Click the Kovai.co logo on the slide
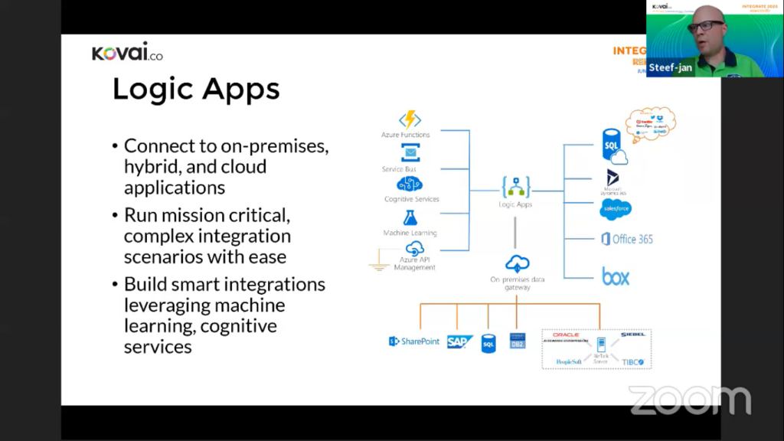127,54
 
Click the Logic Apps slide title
196,90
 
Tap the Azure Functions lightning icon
410,120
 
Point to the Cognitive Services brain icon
410,185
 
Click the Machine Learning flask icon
410,218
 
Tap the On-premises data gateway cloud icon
517,264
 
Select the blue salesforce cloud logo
616,210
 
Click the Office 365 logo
627,239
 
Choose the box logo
616,276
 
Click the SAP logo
460,341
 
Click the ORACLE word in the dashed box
566,335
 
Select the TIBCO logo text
632,361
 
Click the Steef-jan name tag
670,67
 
